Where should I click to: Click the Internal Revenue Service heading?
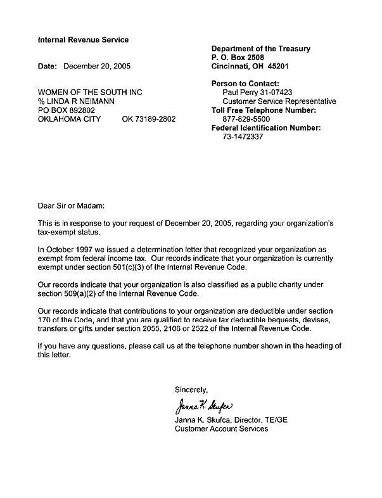83,40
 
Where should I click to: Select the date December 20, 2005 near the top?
97,66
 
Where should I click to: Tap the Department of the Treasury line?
260,49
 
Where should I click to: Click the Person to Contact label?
245,84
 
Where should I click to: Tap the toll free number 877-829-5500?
246,119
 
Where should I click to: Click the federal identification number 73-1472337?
243,137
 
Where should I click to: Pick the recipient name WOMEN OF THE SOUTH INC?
90,93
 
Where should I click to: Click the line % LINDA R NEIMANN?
76,101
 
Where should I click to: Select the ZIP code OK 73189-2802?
148,119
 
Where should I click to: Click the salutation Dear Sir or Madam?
70,206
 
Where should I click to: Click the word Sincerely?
191,390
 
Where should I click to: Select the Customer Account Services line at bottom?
221,429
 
